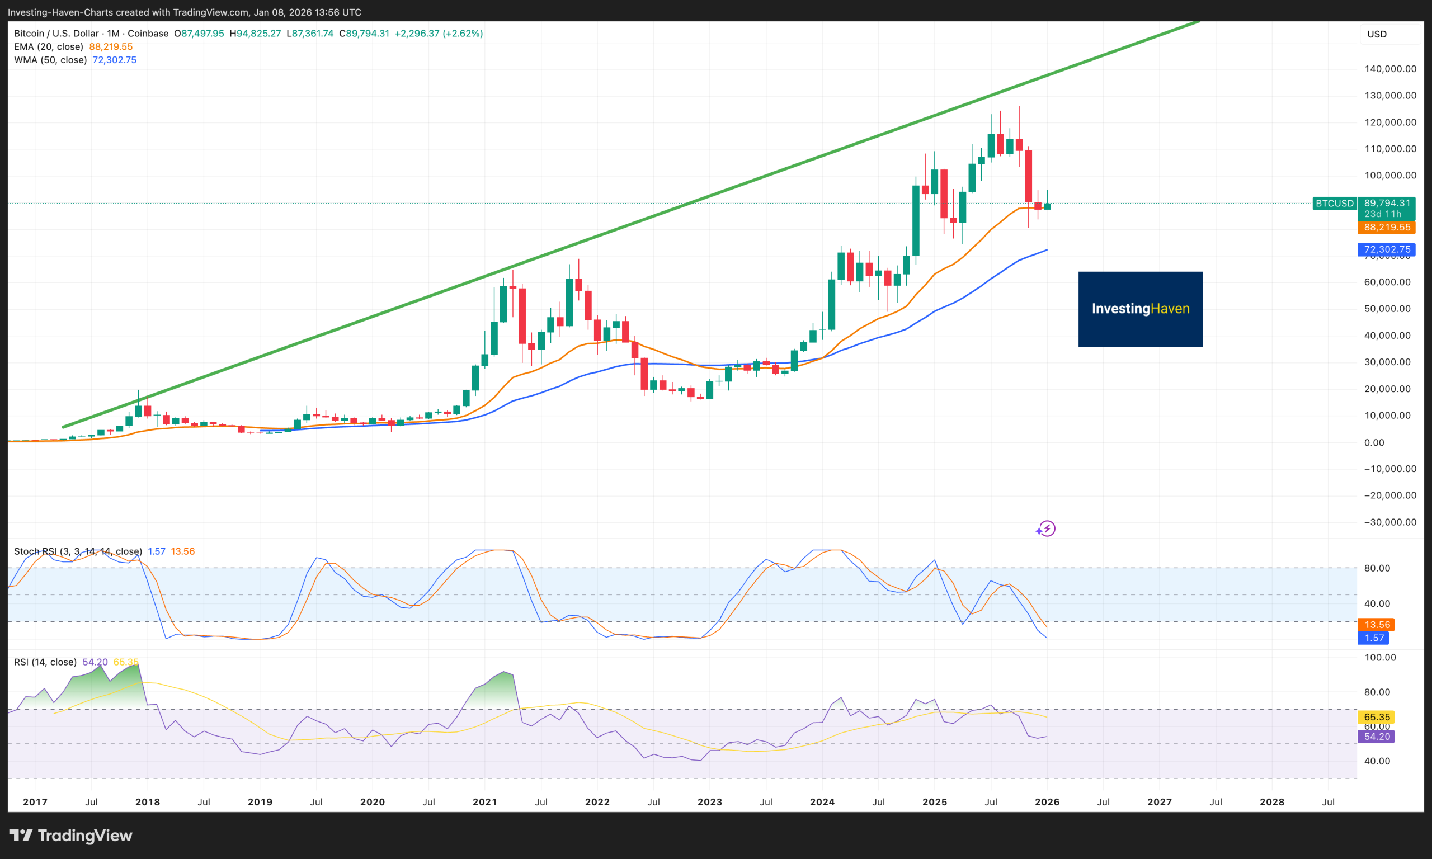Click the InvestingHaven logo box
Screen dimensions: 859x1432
tap(1139, 309)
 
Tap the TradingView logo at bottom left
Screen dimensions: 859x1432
tap(71, 836)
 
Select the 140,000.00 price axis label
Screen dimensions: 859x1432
tap(1389, 69)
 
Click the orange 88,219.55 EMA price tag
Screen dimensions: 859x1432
tap(1386, 228)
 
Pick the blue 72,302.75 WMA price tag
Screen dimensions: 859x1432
tap(1386, 249)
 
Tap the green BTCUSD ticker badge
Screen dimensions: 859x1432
tap(1334, 203)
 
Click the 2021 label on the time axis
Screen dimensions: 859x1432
tap(484, 802)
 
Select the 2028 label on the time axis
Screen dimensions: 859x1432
tap(1271, 802)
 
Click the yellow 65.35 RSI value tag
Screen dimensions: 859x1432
tap(1376, 717)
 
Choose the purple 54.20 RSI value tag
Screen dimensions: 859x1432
tap(1376, 737)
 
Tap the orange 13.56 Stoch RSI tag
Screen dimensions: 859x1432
tap(1376, 625)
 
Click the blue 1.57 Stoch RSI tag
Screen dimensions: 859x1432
tap(1373, 638)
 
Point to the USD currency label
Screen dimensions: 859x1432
tap(1377, 34)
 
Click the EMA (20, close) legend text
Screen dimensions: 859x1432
tap(49, 47)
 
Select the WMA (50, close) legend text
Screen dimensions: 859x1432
tap(50, 60)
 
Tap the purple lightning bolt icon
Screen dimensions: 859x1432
tap(1046, 528)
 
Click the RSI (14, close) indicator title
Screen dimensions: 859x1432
tap(45, 662)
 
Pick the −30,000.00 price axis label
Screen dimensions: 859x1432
tap(1389, 522)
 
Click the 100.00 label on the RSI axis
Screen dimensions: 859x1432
tap(1380, 658)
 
